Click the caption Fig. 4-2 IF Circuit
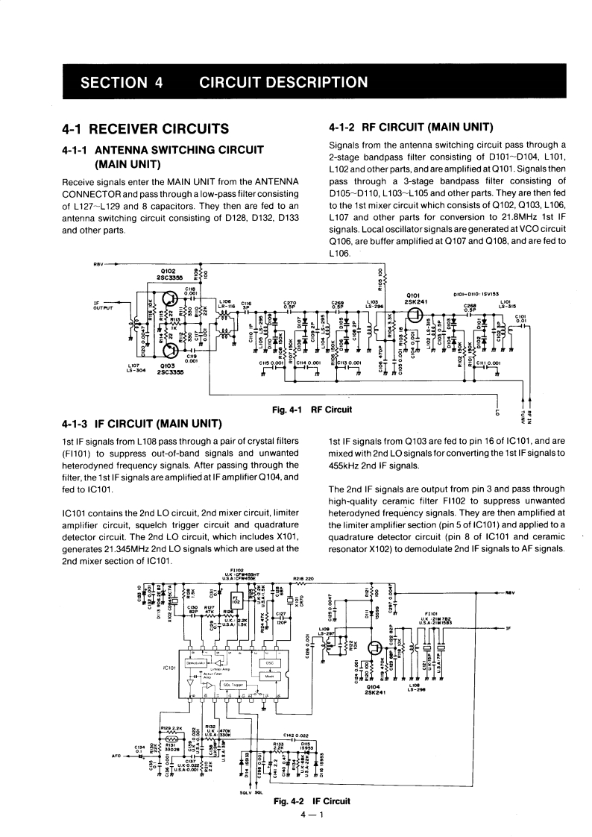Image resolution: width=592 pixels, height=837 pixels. click(312, 801)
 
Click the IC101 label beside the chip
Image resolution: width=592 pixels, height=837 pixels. click(171, 666)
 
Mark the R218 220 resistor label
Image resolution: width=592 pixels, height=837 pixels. click(303, 578)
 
